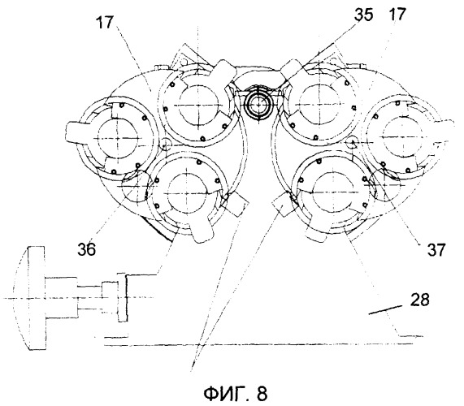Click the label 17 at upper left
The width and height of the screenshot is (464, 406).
tap(105, 22)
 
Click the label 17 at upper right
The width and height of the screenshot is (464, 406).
tap(397, 14)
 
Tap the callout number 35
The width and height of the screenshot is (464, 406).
tap(364, 15)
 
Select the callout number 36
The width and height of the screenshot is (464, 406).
tap(87, 249)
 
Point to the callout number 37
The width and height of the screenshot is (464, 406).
tap(436, 250)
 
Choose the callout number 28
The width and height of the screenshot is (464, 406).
tap(419, 300)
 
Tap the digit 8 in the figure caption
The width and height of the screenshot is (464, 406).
tap(262, 393)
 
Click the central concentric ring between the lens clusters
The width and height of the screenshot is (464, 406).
tap(258, 103)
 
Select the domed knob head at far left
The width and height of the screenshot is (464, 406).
tap(28, 298)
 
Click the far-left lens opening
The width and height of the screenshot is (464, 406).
tap(118, 138)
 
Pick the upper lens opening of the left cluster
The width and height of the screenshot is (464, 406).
tap(199, 106)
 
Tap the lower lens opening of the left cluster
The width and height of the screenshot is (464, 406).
tap(186, 194)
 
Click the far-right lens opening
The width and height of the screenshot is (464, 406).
tap(403, 136)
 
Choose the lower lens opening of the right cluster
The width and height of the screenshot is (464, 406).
tap(332, 193)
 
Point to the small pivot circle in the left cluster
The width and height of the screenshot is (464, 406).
tap(166, 144)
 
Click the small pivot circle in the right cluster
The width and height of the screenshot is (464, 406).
tap(352, 142)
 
